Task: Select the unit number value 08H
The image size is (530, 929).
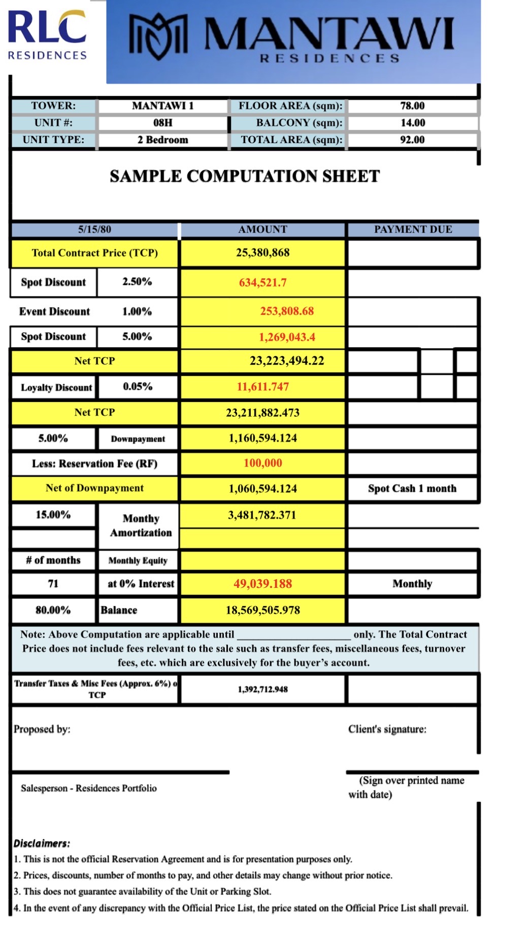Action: (x=163, y=123)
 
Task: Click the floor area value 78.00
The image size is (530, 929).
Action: (x=412, y=106)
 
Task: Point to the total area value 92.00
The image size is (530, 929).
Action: (x=412, y=140)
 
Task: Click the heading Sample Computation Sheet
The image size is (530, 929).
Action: (x=245, y=176)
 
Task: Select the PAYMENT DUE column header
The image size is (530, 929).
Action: (x=413, y=229)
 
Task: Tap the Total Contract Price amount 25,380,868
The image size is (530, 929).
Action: (x=262, y=253)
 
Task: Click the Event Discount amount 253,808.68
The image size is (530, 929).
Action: (x=287, y=311)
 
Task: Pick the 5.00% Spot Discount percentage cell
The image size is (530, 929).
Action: (x=137, y=337)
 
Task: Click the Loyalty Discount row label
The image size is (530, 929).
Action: (x=56, y=387)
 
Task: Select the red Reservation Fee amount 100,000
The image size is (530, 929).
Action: (x=262, y=463)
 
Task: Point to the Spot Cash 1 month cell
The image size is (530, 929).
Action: (x=412, y=488)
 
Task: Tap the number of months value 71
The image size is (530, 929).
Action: (x=53, y=584)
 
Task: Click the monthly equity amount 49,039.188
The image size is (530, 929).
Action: (x=262, y=584)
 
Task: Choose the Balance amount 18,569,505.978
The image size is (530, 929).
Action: (x=262, y=610)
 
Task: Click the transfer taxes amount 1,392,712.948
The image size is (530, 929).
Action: (x=262, y=689)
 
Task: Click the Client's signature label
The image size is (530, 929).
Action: (x=387, y=729)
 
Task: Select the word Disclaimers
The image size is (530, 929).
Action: (x=42, y=844)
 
